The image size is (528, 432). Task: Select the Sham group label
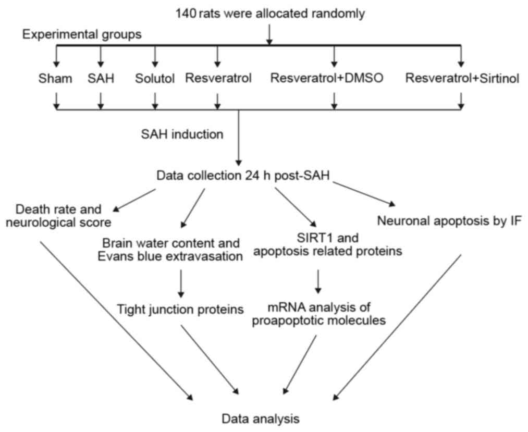(55, 79)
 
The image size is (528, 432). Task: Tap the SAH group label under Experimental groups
(101, 79)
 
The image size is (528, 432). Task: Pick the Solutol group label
(154, 79)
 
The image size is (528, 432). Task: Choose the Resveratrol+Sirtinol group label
(462, 79)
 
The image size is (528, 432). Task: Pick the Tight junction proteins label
(180, 310)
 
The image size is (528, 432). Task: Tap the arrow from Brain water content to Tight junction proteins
(180, 281)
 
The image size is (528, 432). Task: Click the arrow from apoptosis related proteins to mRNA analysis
(319, 282)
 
